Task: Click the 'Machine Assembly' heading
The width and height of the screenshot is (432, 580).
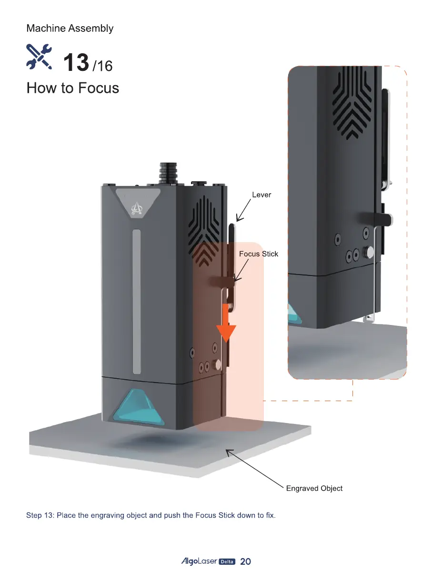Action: tap(70, 29)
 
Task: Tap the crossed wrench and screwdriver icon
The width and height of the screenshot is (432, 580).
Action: tap(39, 56)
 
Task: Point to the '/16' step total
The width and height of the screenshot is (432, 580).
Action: tap(102, 66)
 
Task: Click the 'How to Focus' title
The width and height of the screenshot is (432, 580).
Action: tap(73, 88)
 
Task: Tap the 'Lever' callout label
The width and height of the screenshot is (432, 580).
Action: tap(261, 195)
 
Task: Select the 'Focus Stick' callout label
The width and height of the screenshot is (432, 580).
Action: tap(259, 254)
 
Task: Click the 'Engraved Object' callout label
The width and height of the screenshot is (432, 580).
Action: tap(314, 488)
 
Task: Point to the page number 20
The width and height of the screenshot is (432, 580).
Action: tap(245, 561)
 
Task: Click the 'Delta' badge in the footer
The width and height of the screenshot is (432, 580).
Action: tap(227, 562)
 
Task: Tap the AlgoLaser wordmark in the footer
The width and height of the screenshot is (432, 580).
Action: tap(199, 561)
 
